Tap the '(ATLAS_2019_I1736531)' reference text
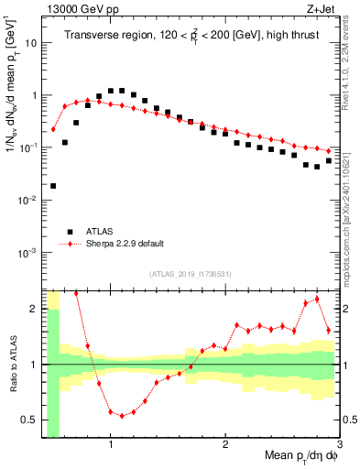(190, 274)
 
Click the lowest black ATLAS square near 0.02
(53, 186)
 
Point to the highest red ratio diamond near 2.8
(317, 299)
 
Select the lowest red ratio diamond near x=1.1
(122, 415)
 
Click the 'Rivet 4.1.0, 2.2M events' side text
(351, 69)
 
